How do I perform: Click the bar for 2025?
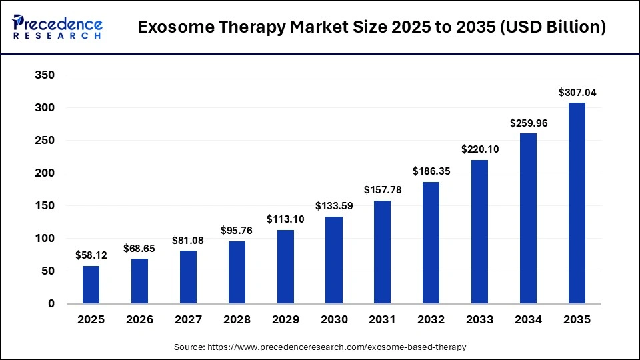point(91,285)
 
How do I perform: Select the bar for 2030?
point(334,260)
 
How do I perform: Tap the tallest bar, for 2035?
point(577,203)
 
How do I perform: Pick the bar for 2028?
point(237,272)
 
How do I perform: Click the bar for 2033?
point(480,231)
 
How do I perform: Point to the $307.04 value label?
point(577,93)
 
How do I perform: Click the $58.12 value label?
point(91,255)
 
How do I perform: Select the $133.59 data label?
point(334,206)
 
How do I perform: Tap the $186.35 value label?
point(431,171)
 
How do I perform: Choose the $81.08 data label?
point(188,240)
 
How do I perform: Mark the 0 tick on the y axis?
point(51,304)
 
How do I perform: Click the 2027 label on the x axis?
point(188,320)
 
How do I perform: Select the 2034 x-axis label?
point(529,320)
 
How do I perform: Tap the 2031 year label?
point(383,320)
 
